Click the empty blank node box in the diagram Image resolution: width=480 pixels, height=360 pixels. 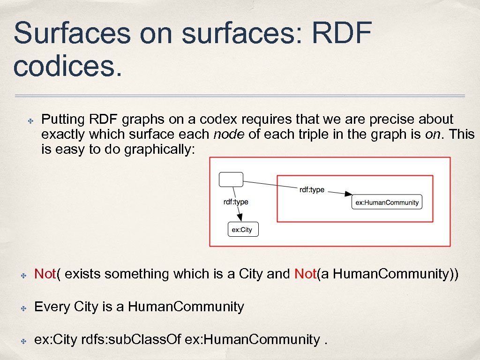point(231,179)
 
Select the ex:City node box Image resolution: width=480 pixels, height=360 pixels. point(242,229)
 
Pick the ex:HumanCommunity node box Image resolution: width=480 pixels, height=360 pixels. point(387,202)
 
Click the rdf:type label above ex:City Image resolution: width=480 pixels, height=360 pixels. point(236,202)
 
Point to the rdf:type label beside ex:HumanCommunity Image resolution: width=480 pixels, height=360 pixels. point(312,189)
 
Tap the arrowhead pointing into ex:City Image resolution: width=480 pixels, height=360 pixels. point(240,217)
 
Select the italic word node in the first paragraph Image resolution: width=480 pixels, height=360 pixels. point(229,135)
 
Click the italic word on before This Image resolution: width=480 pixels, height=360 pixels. point(433,135)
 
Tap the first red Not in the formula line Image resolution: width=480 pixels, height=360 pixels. point(45,274)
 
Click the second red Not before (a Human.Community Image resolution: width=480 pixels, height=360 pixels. point(306,274)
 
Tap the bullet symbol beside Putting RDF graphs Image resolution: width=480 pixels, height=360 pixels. point(29,120)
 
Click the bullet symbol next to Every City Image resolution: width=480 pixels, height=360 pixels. point(22,307)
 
